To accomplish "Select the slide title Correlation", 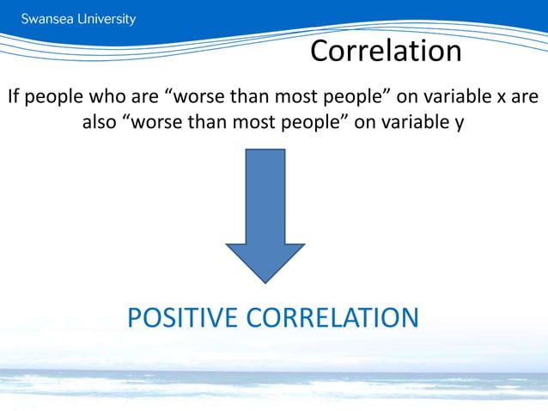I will tap(386, 52).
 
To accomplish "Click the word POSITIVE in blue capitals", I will tap(183, 318).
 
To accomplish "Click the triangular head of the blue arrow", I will tap(265, 262).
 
